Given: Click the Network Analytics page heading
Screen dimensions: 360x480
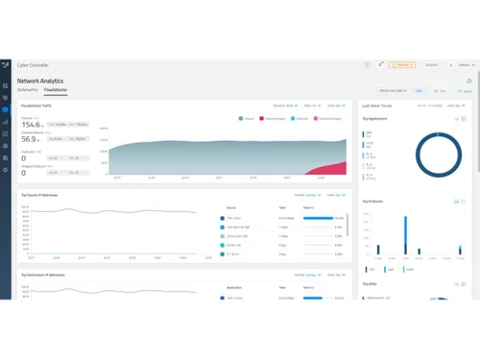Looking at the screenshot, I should pos(41,82).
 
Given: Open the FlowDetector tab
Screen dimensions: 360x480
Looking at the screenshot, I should pos(56,90).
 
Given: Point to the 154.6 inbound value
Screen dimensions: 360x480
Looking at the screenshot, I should pos(32,125).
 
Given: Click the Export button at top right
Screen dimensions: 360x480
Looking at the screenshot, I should pos(466,91).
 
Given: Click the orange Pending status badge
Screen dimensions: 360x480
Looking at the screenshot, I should pos(402,64).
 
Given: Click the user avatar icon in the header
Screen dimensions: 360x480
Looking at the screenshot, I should pos(451,64).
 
